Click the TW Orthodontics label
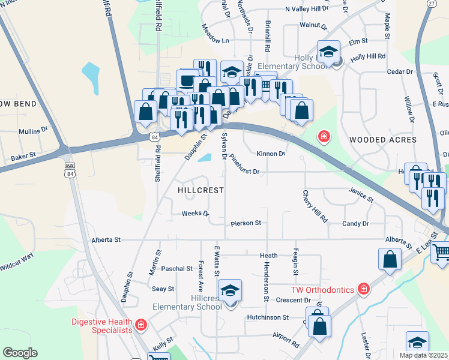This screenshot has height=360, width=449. tap(323, 290)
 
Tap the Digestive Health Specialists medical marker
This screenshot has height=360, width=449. tap(140, 325)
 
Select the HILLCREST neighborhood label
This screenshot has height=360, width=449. tap(201, 190)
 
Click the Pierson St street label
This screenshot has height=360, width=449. tap(246, 223)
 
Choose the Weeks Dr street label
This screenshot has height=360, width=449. tap(195, 214)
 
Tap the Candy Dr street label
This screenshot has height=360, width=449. tap(355, 223)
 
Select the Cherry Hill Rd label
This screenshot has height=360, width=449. tap(315, 207)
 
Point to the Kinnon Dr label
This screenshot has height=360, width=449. tap(271, 154)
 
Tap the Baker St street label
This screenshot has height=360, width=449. tap(24, 156)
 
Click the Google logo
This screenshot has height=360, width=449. tap(20, 353)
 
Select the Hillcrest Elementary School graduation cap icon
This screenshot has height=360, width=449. tap(230, 291)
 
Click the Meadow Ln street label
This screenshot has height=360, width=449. tap(215, 41)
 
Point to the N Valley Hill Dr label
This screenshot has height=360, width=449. tap(307, 9)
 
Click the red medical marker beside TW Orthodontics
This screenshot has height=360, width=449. tap(363, 290)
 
